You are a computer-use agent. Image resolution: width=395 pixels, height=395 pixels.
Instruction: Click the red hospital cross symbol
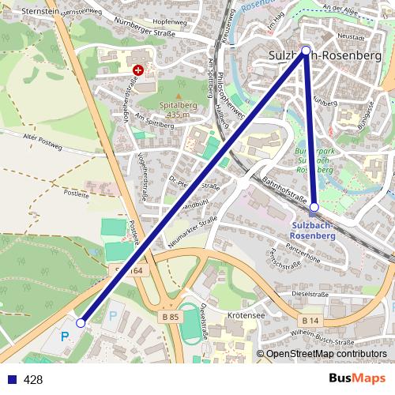tap(139, 70)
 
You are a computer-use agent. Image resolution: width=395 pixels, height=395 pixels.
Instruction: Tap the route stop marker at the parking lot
tap(81, 323)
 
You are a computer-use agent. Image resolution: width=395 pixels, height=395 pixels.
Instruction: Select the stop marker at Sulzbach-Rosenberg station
tap(314, 208)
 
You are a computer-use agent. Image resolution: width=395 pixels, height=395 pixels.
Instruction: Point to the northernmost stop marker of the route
tap(306, 50)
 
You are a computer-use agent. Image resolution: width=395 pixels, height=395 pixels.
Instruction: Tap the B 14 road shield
tap(310, 321)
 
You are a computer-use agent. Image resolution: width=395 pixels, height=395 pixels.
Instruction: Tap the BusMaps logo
tap(358, 378)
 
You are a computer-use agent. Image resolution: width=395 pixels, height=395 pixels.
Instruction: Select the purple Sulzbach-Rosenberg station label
tap(314, 229)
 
